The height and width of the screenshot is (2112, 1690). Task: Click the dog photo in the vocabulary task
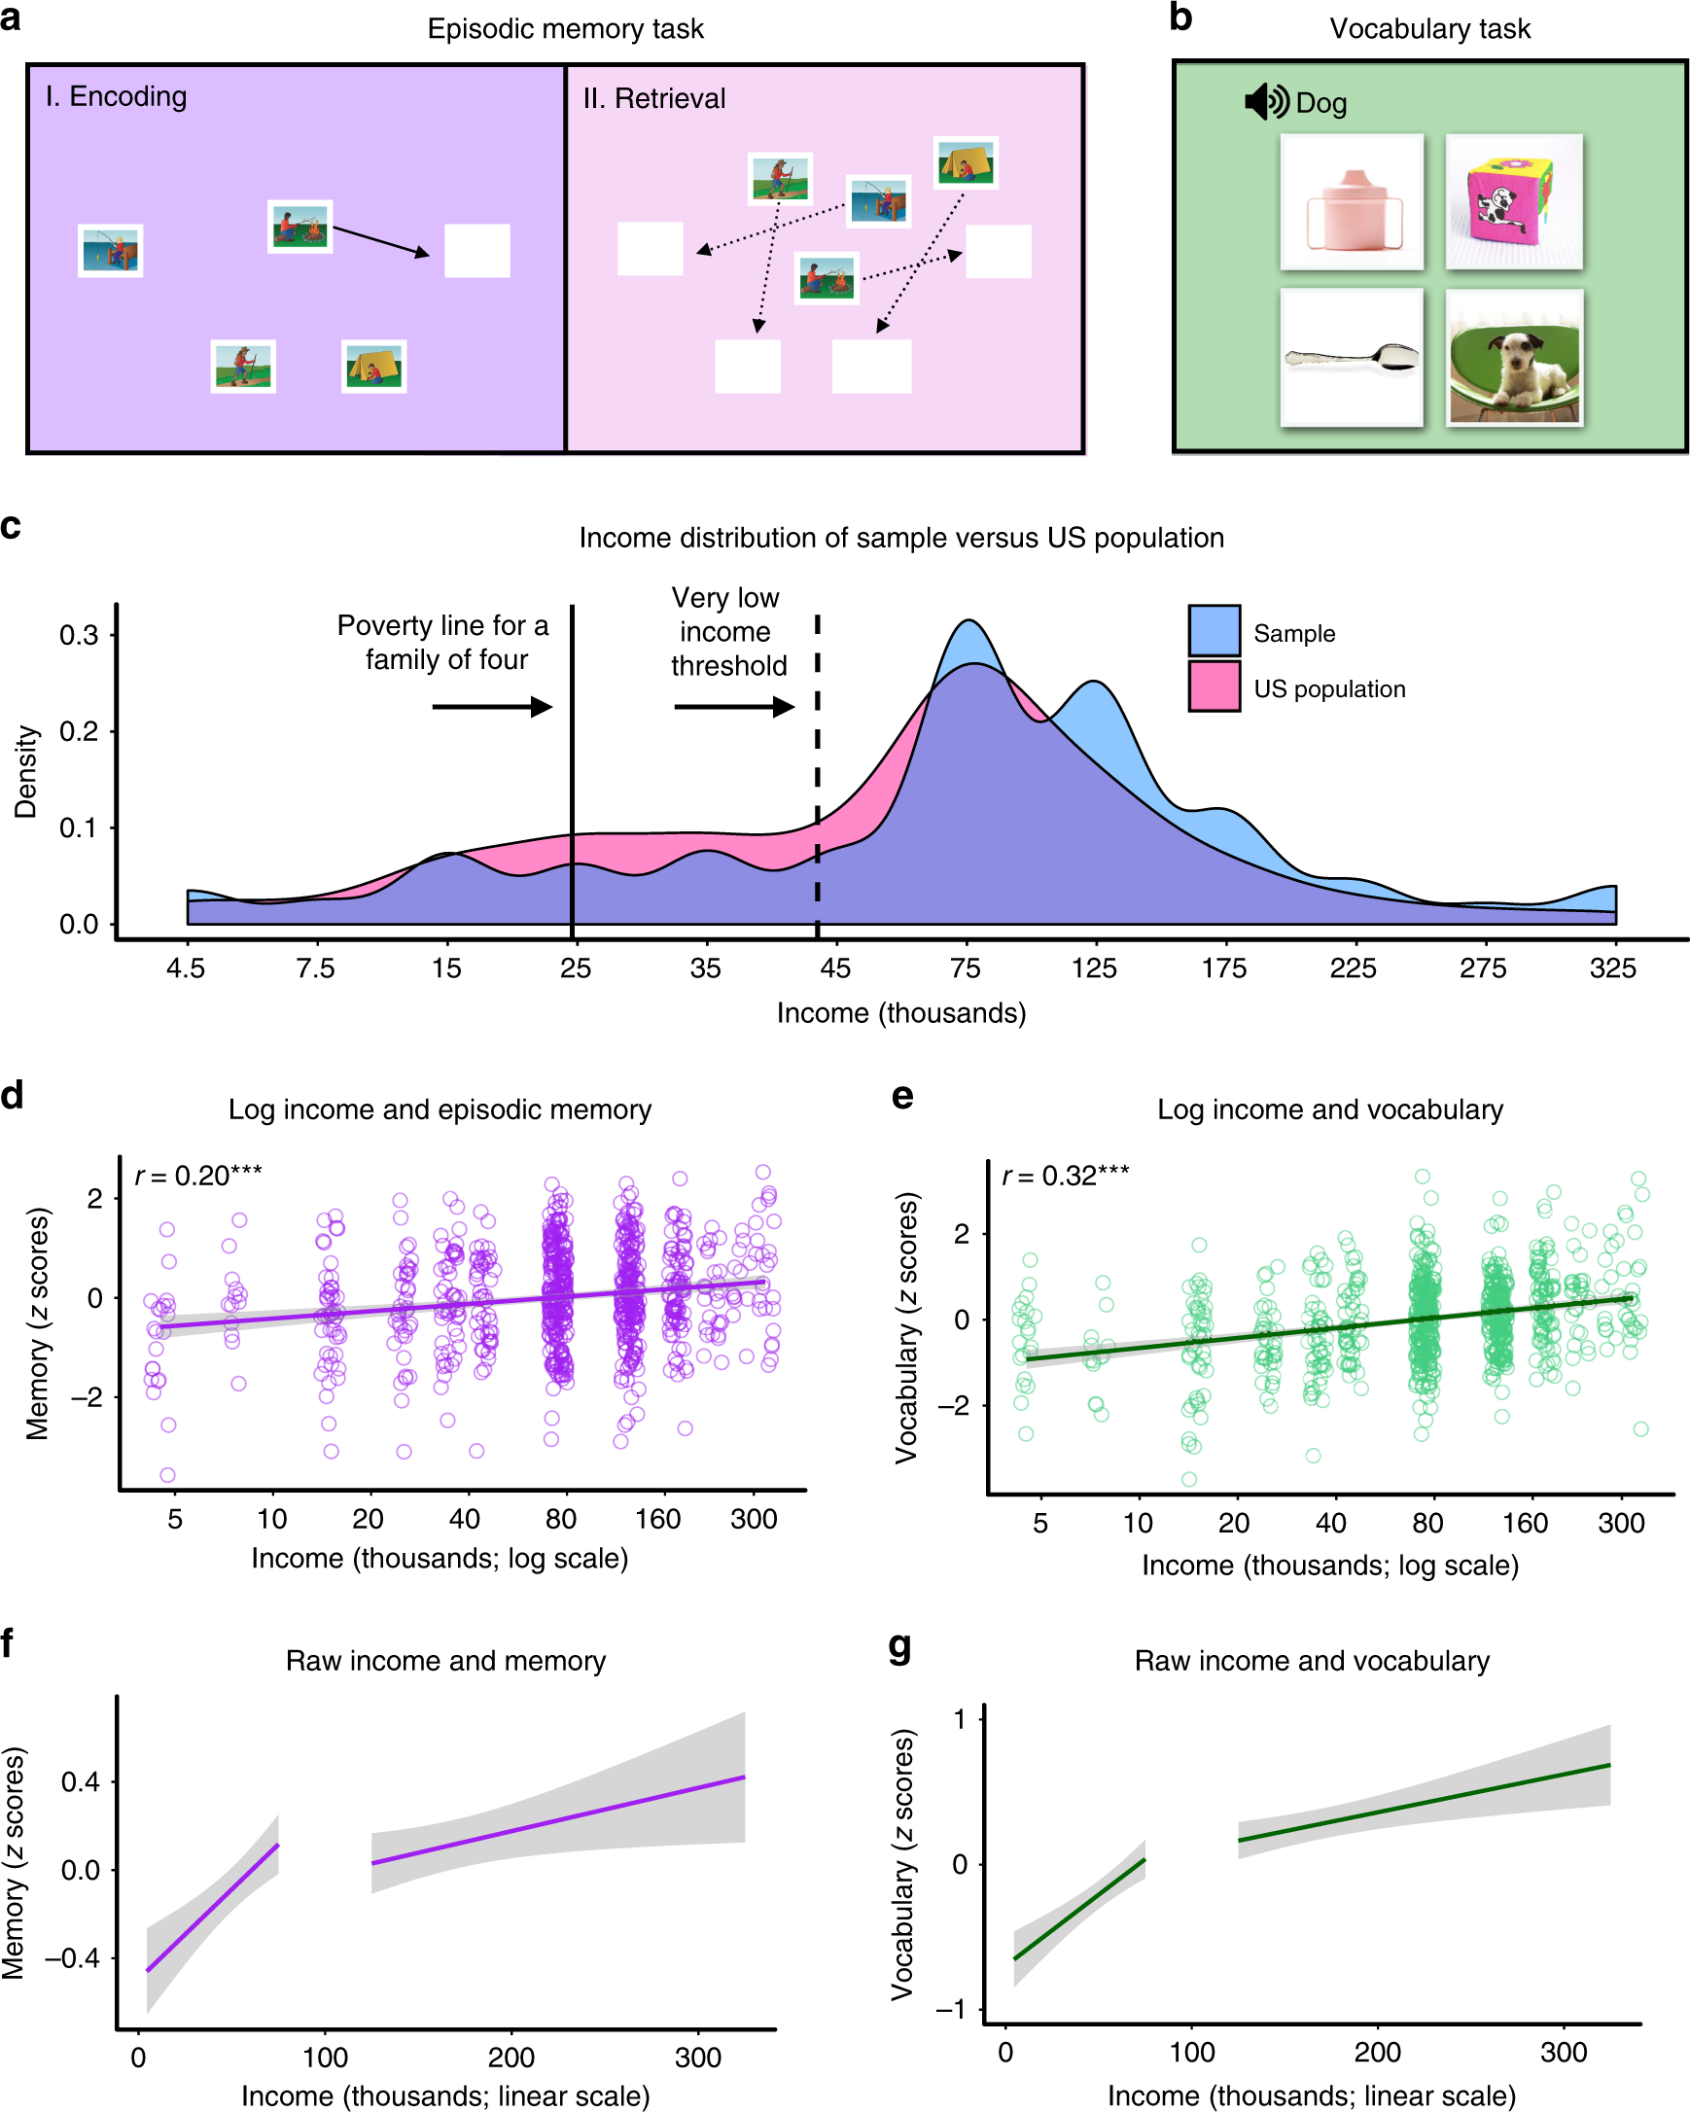pyautogui.click(x=1513, y=359)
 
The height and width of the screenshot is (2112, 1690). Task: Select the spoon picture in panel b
pyautogui.click(x=1351, y=359)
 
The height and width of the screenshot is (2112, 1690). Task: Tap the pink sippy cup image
pyautogui.click(x=1351, y=203)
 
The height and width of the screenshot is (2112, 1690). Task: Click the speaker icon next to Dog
pyautogui.click(x=1266, y=102)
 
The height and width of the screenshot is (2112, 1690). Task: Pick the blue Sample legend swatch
pyautogui.click(x=1213, y=632)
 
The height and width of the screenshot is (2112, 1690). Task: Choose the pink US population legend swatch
pyautogui.click(x=1213, y=686)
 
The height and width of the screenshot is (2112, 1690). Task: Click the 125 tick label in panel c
pyautogui.click(x=1093, y=968)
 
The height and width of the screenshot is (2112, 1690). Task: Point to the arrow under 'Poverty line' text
pyautogui.click(x=492, y=706)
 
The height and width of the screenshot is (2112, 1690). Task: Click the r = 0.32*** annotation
pyautogui.click(x=1065, y=1176)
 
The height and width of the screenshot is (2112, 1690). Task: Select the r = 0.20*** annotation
pyautogui.click(x=198, y=1176)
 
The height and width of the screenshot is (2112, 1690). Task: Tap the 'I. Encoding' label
pyautogui.click(x=116, y=96)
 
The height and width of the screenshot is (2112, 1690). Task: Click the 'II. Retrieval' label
pyautogui.click(x=653, y=99)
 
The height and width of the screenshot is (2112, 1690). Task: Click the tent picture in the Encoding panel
pyautogui.click(x=373, y=367)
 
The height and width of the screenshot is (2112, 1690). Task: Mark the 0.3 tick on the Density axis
pyautogui.click(x=79, y=635)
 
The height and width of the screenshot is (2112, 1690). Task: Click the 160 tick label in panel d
pyautogui.click(x=656, y=1520)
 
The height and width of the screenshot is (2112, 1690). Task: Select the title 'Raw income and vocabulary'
pyautogui.click(x=1311, y=1662)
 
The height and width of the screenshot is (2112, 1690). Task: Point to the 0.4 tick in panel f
pyautogui.click(x=81, y=1781)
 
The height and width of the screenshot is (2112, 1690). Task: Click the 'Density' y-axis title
pyautogui.click(x=25, y=772)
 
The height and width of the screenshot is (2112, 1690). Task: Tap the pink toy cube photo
pyautogui.click(x=1513, y=203)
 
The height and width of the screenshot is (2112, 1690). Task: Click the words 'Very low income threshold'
pyautogui.click(x=727, y=632)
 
